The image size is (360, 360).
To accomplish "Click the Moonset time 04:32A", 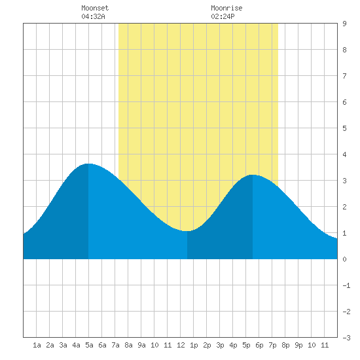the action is [93, 16].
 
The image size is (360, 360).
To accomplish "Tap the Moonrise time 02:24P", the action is [223, 16].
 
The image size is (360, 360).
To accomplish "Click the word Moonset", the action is [95, 8].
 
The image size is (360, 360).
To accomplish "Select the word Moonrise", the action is [226, 8].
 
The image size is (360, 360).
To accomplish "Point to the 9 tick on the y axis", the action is [344, 24].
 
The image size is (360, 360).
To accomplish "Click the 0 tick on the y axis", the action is [344, 259].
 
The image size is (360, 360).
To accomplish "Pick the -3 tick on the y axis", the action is [346, 338].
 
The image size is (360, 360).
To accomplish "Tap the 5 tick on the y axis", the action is [344, 128].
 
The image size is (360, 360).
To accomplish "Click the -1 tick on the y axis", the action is [346, 285].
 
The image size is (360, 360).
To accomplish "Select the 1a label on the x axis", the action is [37, 345].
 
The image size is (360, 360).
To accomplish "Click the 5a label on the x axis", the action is [89, 345].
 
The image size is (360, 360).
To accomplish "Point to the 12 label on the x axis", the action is [181, 345].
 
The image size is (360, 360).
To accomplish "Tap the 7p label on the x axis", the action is [272, 345].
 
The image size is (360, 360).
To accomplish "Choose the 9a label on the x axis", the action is [141, 345].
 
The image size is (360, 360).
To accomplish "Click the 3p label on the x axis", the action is [220, 345].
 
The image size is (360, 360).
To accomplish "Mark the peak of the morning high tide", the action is [88, 164].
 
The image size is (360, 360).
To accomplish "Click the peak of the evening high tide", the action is [253, 175].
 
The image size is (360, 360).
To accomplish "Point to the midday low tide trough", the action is [187, 231].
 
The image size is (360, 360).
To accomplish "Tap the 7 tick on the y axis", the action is [344, 76].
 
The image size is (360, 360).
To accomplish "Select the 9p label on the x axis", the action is [298, 345].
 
